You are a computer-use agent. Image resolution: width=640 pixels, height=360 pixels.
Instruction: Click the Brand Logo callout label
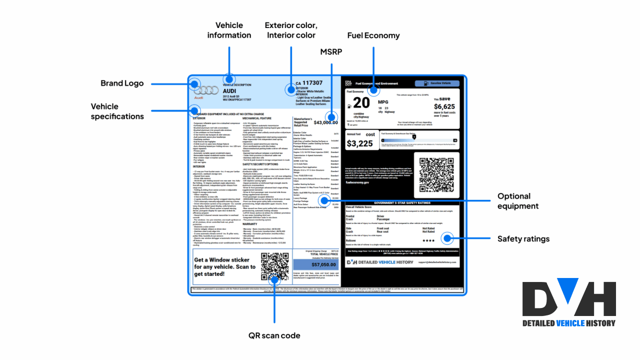122,83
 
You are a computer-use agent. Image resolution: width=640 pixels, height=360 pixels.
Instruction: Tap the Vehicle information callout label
229,30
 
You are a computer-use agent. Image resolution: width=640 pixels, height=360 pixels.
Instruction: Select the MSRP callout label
331,51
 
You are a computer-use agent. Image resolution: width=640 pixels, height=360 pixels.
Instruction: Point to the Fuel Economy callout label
373,35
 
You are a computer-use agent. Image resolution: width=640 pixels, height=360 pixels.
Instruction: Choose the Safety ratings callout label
523,239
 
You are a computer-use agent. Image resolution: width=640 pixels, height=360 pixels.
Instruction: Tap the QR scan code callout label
274,335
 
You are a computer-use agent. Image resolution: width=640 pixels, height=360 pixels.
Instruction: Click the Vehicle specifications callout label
117,111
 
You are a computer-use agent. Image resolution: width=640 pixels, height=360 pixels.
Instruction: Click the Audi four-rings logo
206,90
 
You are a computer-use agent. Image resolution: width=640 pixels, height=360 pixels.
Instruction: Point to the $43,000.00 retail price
325,122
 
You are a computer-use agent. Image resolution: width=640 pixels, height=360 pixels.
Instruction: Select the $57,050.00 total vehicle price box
315,264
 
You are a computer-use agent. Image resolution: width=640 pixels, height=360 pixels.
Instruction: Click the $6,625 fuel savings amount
444,106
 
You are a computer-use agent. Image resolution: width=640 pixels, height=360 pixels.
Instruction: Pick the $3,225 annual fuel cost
360,143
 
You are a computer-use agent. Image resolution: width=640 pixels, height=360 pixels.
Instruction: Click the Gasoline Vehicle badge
436,83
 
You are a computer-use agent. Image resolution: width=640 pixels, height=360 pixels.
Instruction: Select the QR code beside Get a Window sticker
275,266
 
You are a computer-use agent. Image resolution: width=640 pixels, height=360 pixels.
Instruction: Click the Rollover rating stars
428,240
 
